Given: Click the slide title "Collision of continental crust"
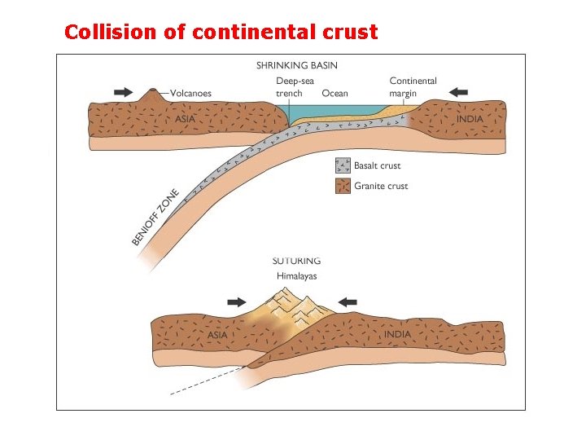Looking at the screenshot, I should pyautogui.click(x=221, y=32).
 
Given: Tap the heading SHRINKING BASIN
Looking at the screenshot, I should pyautogui.click(x=296, y=65).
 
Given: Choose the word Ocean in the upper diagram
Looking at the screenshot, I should pyautogui.click(x=335, y=93).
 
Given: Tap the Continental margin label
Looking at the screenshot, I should pyautogui.click(x=413, y=87).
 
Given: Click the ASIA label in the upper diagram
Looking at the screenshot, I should pyautogui.click(x=185, y=119).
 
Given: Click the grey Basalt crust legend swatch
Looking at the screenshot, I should pyautogui.click(x=343, y=165).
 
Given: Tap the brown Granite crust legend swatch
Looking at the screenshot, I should pyautogui.click(x=343, y=187).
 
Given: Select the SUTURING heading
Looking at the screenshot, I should pyautogui.click(x=296, y=262).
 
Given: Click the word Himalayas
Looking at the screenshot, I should pyautogui.click(x=296, y=276).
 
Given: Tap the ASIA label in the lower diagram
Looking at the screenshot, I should pyautogui.click(x=217, y=335).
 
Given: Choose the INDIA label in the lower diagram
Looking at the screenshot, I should pyautogui.click(x=397, y=335).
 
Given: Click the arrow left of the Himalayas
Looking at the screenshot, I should pyautogui.click(x=237, y=301).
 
